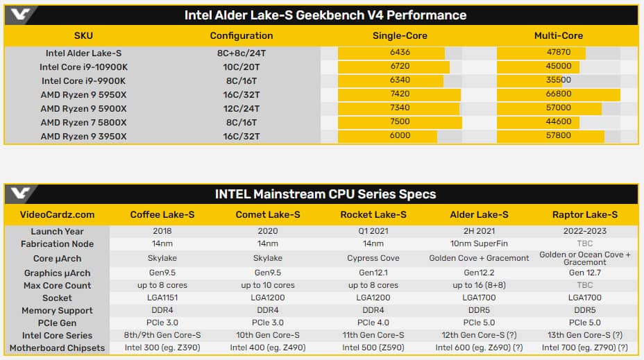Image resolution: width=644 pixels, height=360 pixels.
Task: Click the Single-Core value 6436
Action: (400, 52)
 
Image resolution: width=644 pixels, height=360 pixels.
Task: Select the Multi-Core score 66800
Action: (558, 94)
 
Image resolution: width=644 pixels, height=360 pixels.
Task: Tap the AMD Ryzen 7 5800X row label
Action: (83, 122)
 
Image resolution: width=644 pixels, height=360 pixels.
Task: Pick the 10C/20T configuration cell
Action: (241, 67)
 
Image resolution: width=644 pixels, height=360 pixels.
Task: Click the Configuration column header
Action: (241, 35)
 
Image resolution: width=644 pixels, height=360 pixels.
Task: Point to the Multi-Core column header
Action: (559, 35)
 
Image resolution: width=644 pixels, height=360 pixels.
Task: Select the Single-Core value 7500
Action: (400, 121)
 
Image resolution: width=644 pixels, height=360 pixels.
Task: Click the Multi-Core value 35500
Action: (558, 80)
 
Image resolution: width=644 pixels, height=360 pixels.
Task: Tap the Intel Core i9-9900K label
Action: (83, 81)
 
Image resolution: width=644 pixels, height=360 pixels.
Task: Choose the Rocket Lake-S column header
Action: (373, 215)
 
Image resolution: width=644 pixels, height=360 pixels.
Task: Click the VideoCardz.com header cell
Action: (57, 215)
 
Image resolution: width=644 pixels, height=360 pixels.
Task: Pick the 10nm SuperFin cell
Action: (479, 243)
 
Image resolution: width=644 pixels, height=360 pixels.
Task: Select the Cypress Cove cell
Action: (373, 258)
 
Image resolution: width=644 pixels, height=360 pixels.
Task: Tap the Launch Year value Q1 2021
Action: (373, 231)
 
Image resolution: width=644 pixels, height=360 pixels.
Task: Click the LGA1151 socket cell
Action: (162, 298)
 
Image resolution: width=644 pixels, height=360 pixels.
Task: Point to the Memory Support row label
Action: (57, 311)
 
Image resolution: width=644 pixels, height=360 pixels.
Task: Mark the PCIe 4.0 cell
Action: (373, 323)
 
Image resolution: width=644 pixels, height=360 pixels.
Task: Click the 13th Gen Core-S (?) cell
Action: (585, 335)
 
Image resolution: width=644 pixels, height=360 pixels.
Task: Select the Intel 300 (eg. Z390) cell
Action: (162, 348)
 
